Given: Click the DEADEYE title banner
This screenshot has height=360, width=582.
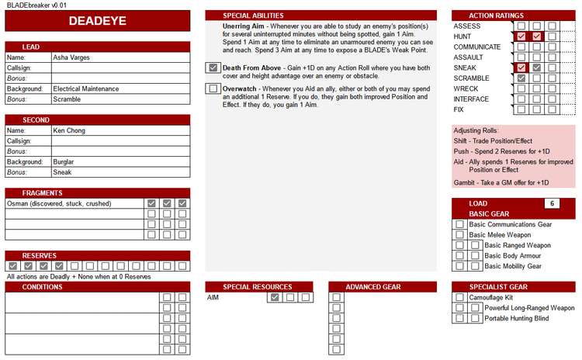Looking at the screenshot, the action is click(x=97, y=21).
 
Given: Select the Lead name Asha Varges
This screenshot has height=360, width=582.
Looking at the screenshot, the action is click(x=71, y=57).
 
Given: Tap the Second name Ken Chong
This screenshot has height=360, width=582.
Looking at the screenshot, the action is click(x=69, y=130).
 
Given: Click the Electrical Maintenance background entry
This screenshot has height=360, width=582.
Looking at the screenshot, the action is click(x=85, y=88).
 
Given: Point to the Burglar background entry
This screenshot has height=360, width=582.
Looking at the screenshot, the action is click(x=64, y=162).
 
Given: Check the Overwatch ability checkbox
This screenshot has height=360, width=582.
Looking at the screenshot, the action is click(x=213, y=88).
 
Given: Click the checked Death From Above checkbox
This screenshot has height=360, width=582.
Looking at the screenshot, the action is click(x=213, y=67).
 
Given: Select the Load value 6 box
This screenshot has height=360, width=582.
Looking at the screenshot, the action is click(x=552, y=203).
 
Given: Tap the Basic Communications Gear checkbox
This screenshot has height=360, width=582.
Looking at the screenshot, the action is click(x=459, y=224).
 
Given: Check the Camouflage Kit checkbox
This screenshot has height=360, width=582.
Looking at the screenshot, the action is click(x=459, y=297).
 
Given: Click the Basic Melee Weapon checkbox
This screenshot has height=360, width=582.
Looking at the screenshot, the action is click(x=459, y=235).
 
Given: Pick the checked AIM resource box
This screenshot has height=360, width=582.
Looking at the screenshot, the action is click(x=275, y=297).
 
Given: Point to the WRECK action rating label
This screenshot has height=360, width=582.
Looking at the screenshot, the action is click(x=466, y=88).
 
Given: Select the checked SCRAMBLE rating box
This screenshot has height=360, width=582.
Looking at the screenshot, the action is click(x=521, y=78).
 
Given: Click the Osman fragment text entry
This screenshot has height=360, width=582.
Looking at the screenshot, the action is click(x=59, y=203).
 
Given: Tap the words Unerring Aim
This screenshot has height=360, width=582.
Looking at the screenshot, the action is click(x=244, y=26).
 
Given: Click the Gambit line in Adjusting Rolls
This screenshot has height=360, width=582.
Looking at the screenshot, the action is click(x=501, y=182).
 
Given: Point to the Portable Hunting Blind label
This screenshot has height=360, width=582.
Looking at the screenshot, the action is click(x=516, y=318).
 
